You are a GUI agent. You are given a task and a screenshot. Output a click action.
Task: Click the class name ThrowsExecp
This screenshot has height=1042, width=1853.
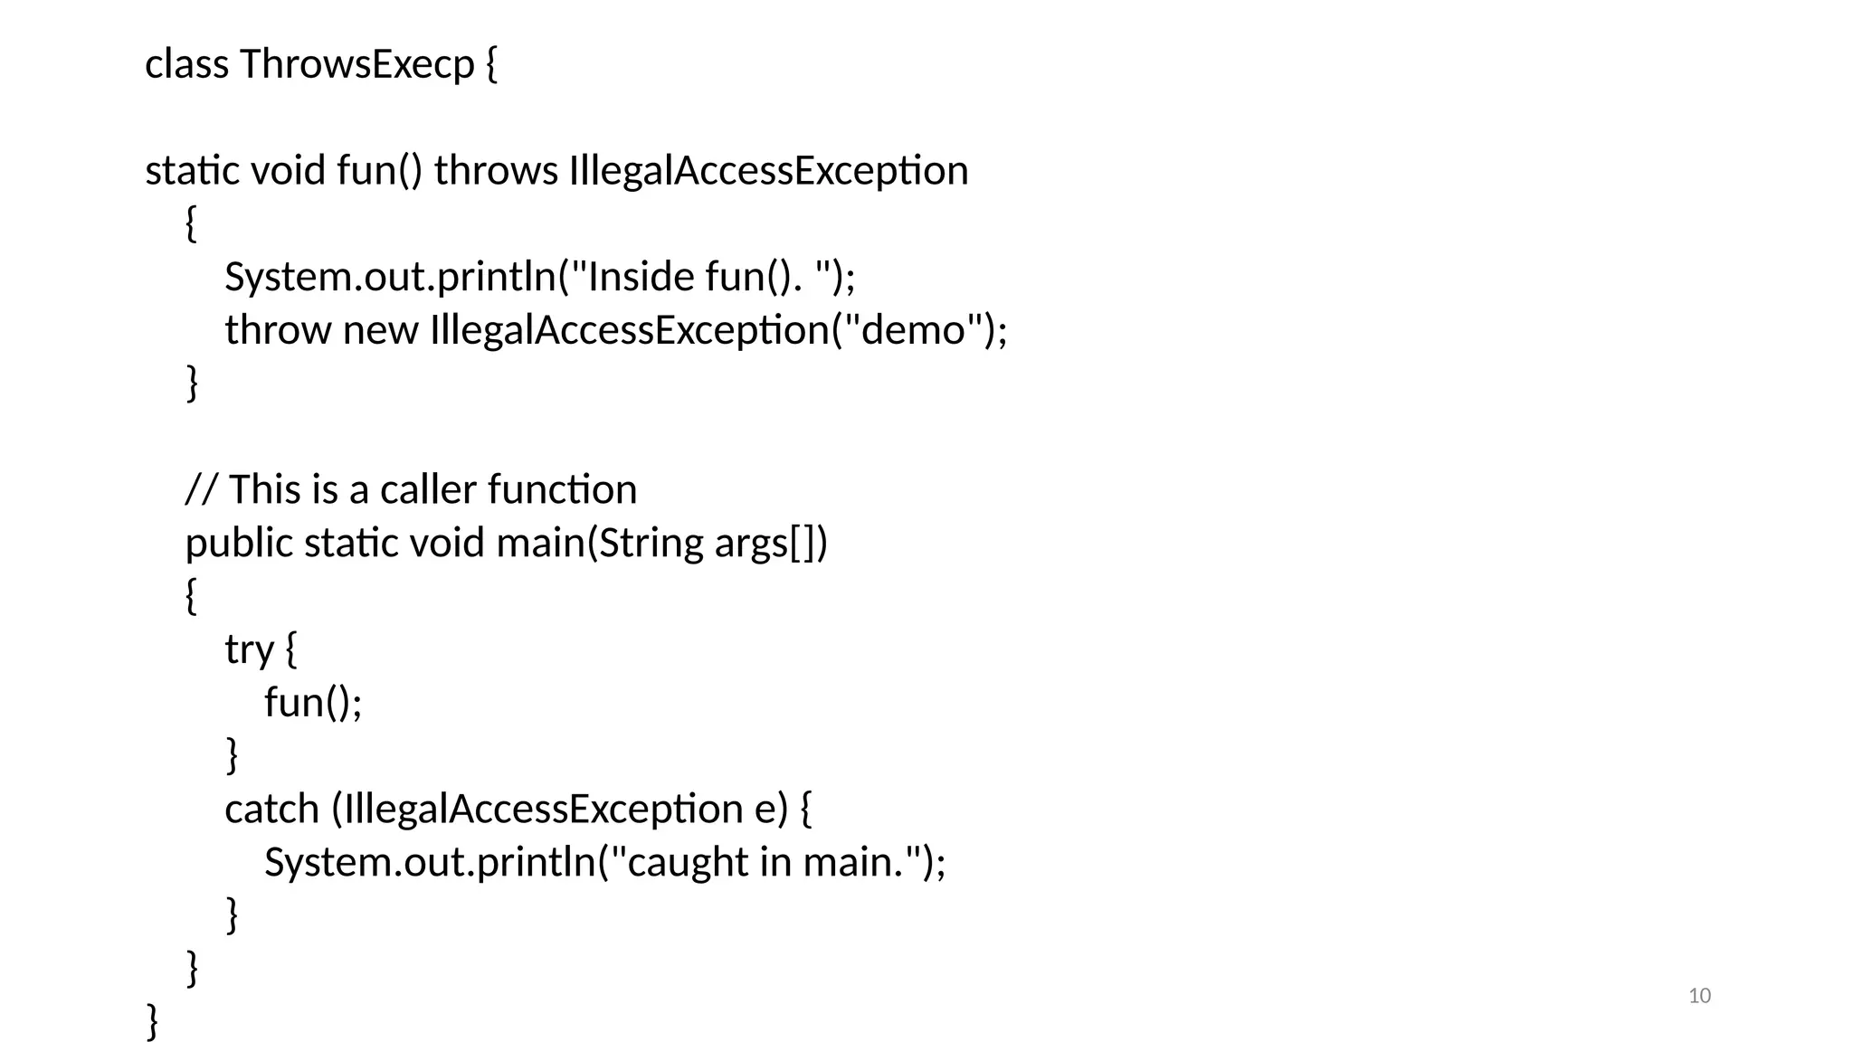357,64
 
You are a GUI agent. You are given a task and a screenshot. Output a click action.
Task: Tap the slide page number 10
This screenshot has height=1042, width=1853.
1699,996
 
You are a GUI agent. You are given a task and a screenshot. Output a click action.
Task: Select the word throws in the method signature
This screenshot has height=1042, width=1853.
496,171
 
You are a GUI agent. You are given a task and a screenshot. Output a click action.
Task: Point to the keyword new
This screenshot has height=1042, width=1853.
380,330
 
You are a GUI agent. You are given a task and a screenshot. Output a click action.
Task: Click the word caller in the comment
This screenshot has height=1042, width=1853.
428,490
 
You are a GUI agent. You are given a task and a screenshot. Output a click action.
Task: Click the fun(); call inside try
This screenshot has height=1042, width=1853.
313,703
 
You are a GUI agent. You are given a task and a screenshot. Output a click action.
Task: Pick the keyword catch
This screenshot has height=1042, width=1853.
271,810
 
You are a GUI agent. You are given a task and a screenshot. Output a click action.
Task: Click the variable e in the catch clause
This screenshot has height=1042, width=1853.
765,810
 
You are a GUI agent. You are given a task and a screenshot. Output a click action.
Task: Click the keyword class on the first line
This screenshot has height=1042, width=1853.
186,64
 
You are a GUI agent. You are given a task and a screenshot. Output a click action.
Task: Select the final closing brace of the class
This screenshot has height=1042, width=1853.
152,1021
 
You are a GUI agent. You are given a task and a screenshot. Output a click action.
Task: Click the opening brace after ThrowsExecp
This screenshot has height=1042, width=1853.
491,64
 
